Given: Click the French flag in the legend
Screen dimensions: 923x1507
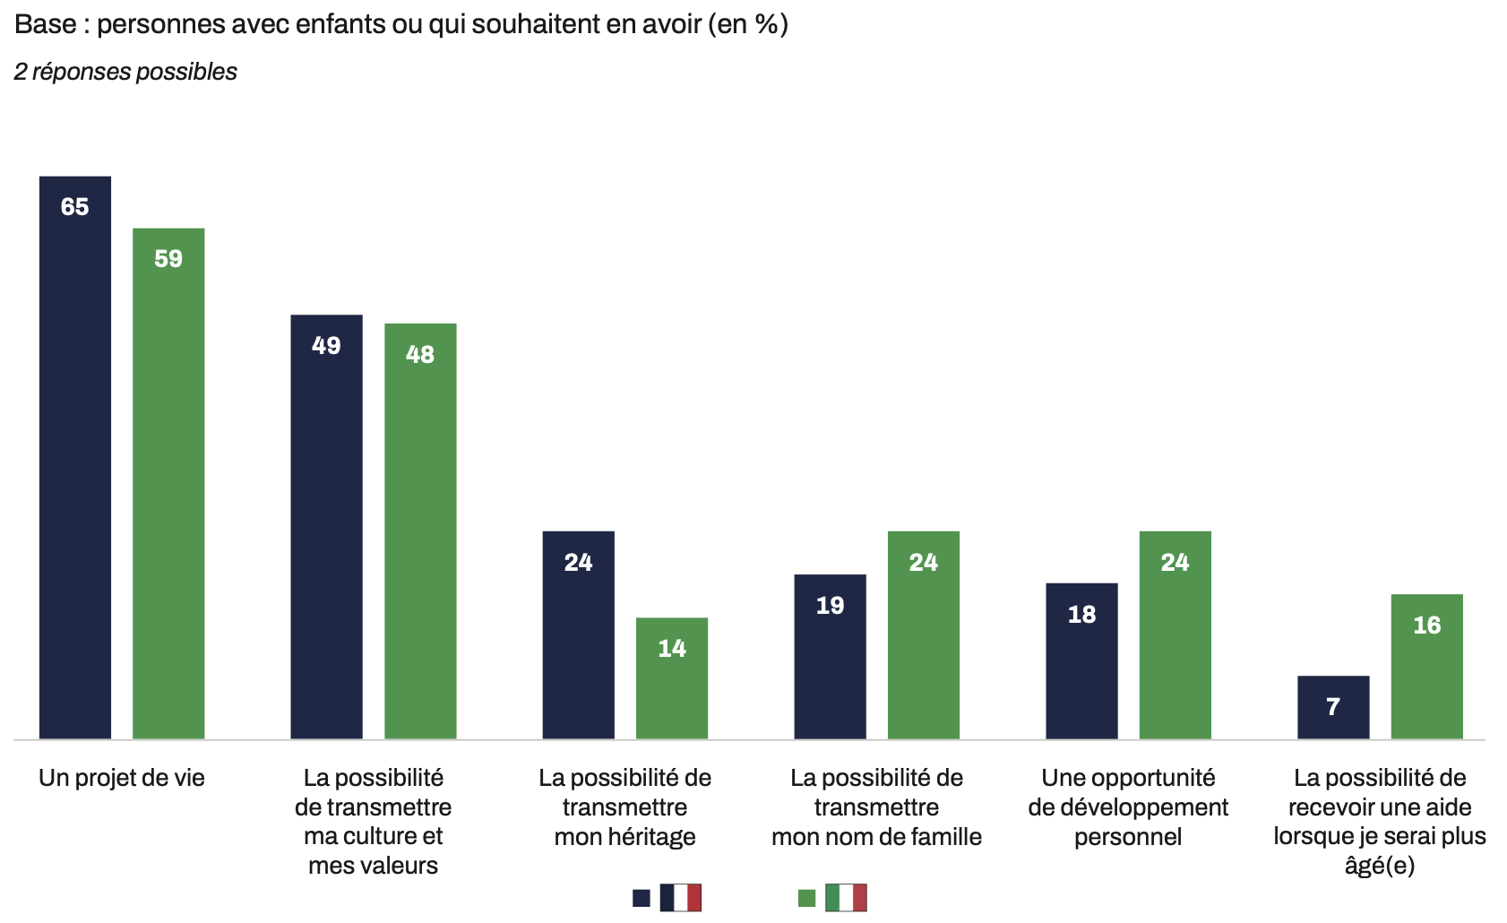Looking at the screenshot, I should click(681, 897).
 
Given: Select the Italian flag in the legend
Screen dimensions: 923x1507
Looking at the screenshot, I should click(846, 897).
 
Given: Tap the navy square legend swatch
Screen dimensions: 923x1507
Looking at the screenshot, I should click(642, 898).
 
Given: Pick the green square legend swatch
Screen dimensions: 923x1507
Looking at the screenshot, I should click(806, 898).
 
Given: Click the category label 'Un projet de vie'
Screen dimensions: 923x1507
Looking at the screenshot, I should click(122, 778).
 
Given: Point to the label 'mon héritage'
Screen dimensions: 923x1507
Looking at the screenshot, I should click(624, 837).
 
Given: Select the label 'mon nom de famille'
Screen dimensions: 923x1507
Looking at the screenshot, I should click(876, 837).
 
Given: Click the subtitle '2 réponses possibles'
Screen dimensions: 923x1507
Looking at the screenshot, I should click(125, 72).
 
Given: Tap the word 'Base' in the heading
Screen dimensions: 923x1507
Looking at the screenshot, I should click(45, 24).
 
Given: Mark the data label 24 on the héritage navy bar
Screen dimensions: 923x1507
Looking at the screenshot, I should click(578, 562).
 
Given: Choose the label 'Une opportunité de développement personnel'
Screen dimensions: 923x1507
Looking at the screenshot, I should click(1128, 807).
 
